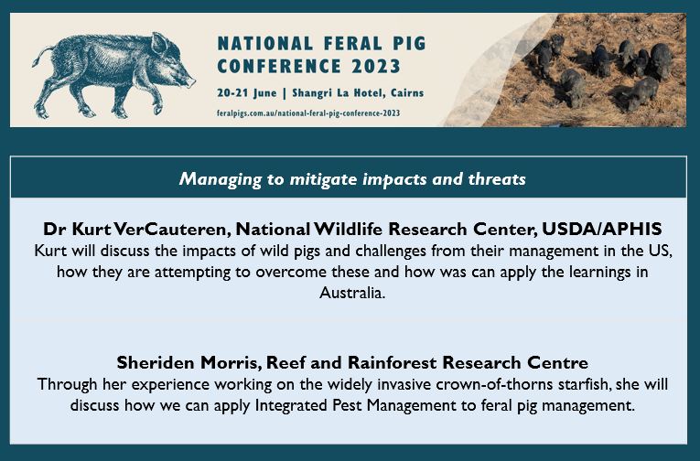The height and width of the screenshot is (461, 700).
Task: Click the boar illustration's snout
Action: pyautogui.click(x=189, y=80)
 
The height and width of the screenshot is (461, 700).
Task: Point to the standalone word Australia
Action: pyautogui.click(x=349, y=295)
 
